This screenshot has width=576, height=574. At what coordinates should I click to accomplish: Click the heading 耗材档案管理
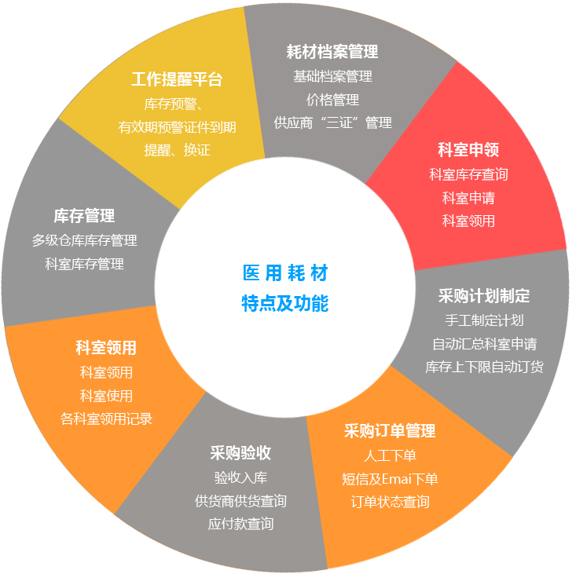click(x=332, y=53)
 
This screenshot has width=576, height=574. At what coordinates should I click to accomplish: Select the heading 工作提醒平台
click(x=177, y=79)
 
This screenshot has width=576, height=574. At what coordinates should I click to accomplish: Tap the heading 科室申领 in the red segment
click(x=468, y=149)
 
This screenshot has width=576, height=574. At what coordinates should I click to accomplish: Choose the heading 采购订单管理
click(x=390, y=431)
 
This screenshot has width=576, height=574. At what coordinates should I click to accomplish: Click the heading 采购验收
click(x=240, y=453)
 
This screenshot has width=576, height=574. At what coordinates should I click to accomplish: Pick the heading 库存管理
click(x=84, y=215)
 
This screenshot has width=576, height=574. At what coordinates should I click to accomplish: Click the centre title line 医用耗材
click(x=285, y=273)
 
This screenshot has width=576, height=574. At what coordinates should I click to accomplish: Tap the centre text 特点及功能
click(x=285, y=303)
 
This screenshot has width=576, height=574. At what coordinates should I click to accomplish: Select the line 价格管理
click(x=332, y=100)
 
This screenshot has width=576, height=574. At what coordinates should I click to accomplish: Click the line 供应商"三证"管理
click(x=332, y=123)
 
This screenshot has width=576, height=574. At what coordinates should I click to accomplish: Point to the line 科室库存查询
click(x=468, y=174)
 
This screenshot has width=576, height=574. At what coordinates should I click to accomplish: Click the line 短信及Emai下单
click(x=390, y=479)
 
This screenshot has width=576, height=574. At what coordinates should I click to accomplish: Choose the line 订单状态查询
click(x=390, y=503)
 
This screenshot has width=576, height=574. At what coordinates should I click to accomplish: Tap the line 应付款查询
click(x=240, y=524)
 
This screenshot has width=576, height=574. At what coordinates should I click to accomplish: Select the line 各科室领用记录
click(x=106, y=419)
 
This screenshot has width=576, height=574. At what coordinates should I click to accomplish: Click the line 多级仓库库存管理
click(x=84, y=240)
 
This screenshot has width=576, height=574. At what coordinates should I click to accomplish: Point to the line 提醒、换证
click(x=177, y=150)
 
